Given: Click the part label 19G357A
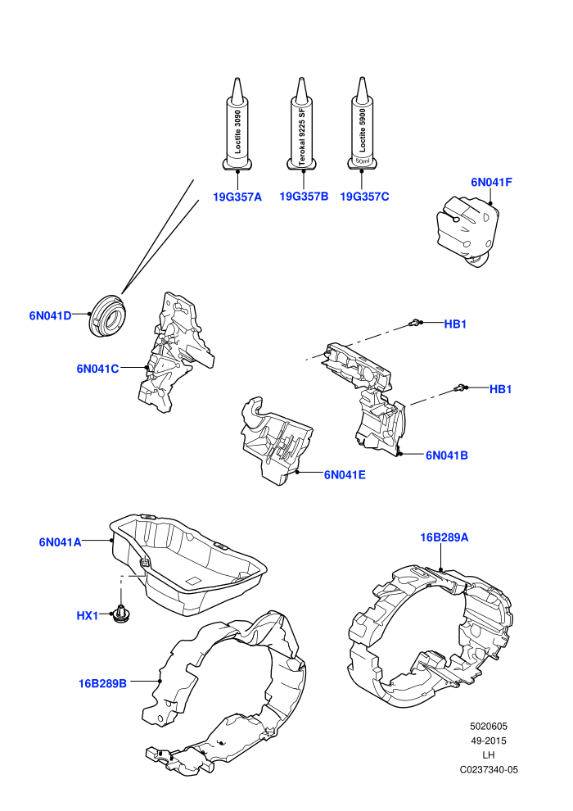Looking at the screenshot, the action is [237, 197].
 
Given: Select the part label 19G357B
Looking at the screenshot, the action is [304, 197].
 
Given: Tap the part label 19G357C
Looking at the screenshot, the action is [364, 197].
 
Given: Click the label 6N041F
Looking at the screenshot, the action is [491, 182].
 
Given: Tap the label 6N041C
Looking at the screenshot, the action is [97, 369].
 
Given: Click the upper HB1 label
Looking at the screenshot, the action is [455, 324].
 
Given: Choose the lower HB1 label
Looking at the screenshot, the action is [500, 389].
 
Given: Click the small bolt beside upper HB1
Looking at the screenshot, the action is [413, 324].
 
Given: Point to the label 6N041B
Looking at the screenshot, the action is [446, 455].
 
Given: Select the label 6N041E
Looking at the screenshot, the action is [345, 475].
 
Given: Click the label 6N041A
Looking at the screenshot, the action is [60, 542].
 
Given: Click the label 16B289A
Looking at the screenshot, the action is [444, 538].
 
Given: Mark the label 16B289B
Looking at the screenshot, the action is [102, 684].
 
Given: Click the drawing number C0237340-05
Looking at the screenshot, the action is [489, 769].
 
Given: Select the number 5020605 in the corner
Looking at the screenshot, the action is [489, 726].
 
